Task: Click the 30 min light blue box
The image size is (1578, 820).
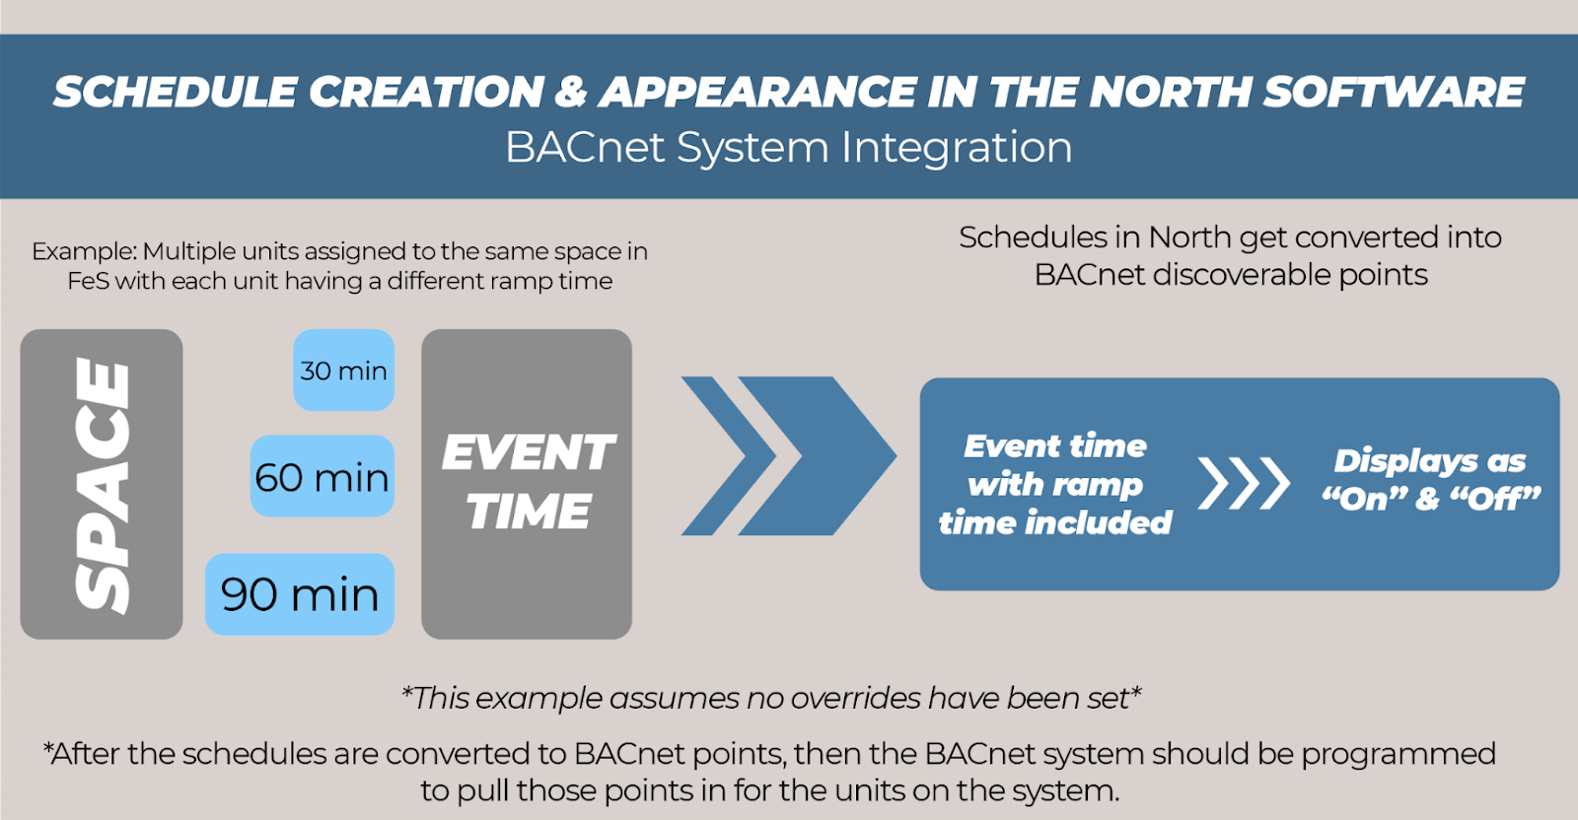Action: tap(344, 371)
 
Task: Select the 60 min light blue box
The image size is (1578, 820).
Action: tap(322, 476)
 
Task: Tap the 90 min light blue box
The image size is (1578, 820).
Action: tap(300, 594)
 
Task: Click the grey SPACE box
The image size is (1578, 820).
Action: tap(102, 484)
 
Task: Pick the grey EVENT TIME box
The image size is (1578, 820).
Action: tap(527, 484)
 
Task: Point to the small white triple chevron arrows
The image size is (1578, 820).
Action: tap(1244, 484)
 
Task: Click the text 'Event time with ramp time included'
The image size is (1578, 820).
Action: tap(1055, 484)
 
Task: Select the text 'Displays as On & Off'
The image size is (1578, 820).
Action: tap(1431, 480)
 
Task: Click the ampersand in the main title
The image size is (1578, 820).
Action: tap(571, 92)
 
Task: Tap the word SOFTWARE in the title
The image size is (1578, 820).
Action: tap(1394, 92)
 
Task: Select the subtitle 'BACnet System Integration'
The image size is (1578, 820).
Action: tap(789, 147)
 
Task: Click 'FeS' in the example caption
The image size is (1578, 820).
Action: tap(88, 281)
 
